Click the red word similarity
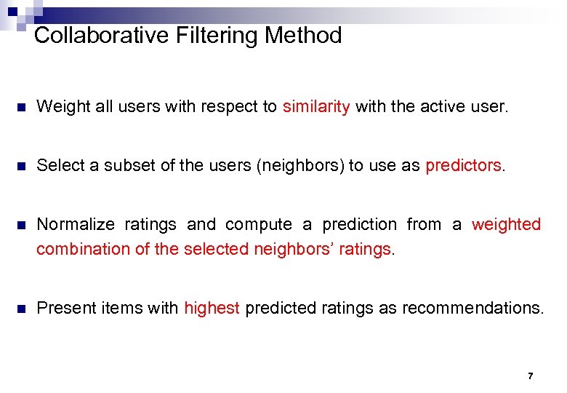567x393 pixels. pyautogui.click(x=316, y=107)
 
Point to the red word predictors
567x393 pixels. pyautogui.click(x=464, y=165)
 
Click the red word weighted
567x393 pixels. pyautogui.click(x=506, y=224)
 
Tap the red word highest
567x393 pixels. pyautogui.click(x=212, y=308)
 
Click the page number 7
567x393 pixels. pyautogui.click(x=530, y=376)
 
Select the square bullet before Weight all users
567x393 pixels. pyautogui.click(x=22, y=107)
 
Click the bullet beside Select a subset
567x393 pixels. pyautogui.click(x=22, y=165)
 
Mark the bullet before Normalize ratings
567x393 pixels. pyautogui.click(x=22, y=225)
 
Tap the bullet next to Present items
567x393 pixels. pyautogui.click(x=22, y=308)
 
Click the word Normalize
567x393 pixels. pyautogui.click(x=76, y=224)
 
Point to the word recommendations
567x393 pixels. pyautogui.click(x=472, y=308)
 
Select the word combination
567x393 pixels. pyautogui.click(x=84, y=249)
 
